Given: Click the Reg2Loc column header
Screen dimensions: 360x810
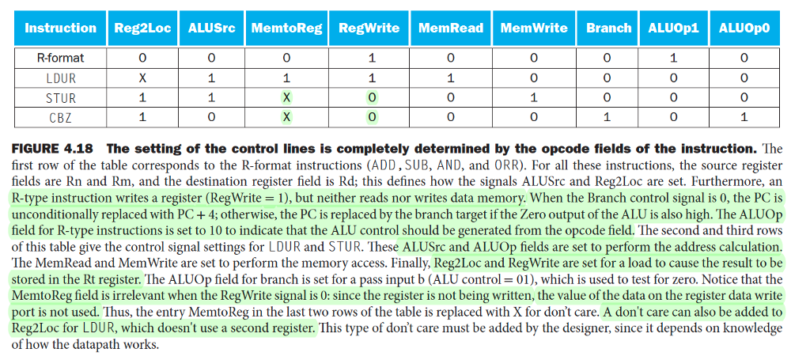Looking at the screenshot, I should tap(142, 28).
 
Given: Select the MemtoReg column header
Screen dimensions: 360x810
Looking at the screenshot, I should tap(286, 28).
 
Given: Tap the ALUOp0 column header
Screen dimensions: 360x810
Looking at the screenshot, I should tap(744, 28).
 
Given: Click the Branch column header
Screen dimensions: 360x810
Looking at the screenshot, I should tap(608, 28).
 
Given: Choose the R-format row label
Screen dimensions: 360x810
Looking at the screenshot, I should tap(60, 58).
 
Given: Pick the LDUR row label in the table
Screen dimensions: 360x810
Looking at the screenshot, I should tap(60, 78).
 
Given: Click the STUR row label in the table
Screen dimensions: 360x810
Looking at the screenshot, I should tap(60, 97).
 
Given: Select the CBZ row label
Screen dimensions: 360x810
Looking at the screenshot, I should tap(60, 117).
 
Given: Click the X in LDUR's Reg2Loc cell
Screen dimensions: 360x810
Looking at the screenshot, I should tap(142, 78).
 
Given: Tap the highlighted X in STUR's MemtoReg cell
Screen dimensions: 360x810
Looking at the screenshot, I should tap(287, 97).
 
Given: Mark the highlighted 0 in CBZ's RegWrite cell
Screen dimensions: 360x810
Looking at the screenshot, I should tap(369, 117).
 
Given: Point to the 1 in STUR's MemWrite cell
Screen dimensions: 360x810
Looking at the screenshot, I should tap(534, 97).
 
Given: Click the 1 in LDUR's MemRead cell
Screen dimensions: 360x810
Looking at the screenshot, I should tap(451, 78).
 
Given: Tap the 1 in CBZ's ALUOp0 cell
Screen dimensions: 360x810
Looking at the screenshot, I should tap(744, 117).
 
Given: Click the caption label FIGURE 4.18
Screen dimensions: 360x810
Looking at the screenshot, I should tap(52, 150).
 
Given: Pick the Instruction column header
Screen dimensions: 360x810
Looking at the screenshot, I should tap(60, 28).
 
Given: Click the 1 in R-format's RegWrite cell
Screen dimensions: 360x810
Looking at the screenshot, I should tap(369, 58).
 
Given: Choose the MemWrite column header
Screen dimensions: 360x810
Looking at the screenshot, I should tap(534, 28).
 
